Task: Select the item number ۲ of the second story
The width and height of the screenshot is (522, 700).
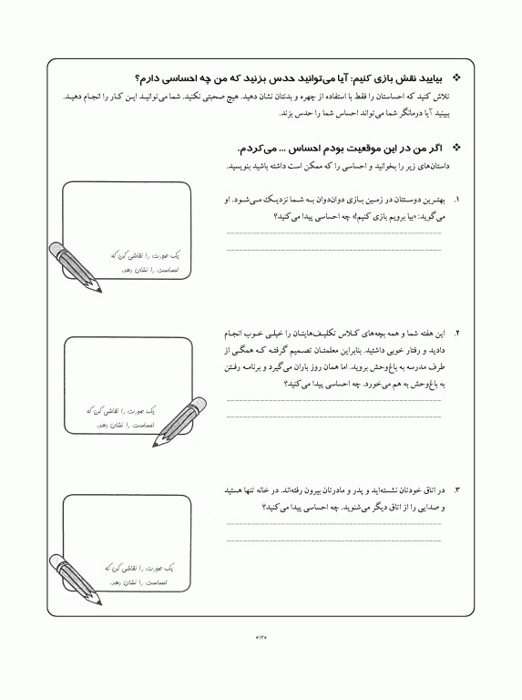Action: [456, 334]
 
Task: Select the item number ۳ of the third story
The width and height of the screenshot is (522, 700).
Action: [456, 490]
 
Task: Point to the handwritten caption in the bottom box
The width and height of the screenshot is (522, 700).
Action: [138, 574]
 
